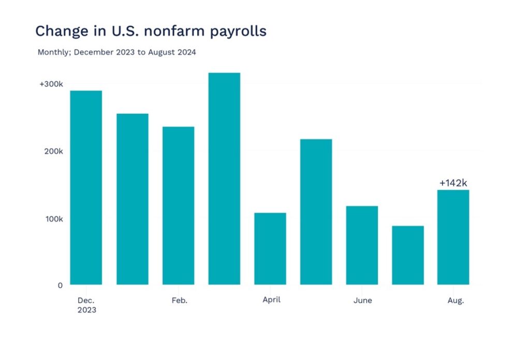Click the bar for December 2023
86,187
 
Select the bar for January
132,199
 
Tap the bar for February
178,205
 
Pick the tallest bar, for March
224,178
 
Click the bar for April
270,248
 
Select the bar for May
316,212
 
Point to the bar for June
362,245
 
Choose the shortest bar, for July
408,255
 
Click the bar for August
453,237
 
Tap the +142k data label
453,183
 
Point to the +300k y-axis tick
51,84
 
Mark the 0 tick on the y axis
60,285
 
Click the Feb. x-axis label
179,301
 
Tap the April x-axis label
271,300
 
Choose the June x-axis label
362,301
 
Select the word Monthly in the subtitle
53,52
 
